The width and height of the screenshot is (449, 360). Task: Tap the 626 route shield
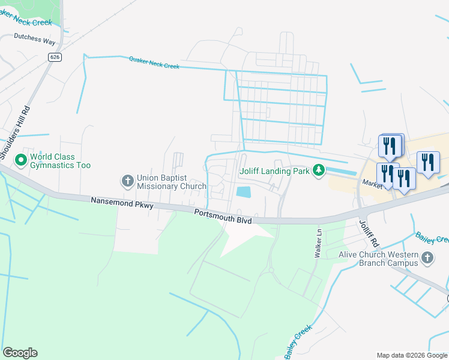click(x=55, y=57)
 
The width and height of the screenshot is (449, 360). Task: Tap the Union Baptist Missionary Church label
click(x=162, y=182)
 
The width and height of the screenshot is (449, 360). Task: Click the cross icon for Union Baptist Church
click(x=127, y=181)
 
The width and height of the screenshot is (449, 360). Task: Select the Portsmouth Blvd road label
click(x=223, y=216)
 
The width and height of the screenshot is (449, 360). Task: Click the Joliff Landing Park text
click(x=274, y=172)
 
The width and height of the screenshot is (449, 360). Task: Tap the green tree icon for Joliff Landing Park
click(x=319, y=171)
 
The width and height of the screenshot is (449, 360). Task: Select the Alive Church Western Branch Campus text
click(x=387, y=259)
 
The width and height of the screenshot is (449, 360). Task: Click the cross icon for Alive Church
click(x=427, y=259)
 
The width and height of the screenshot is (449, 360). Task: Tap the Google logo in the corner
click(x=20, y=353)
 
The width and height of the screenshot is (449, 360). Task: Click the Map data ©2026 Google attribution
click(x=411, y=355)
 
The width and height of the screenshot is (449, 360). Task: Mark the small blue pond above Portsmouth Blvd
click(x=244, y=192)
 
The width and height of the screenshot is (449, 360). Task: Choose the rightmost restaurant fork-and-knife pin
click(x=428, y=162)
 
